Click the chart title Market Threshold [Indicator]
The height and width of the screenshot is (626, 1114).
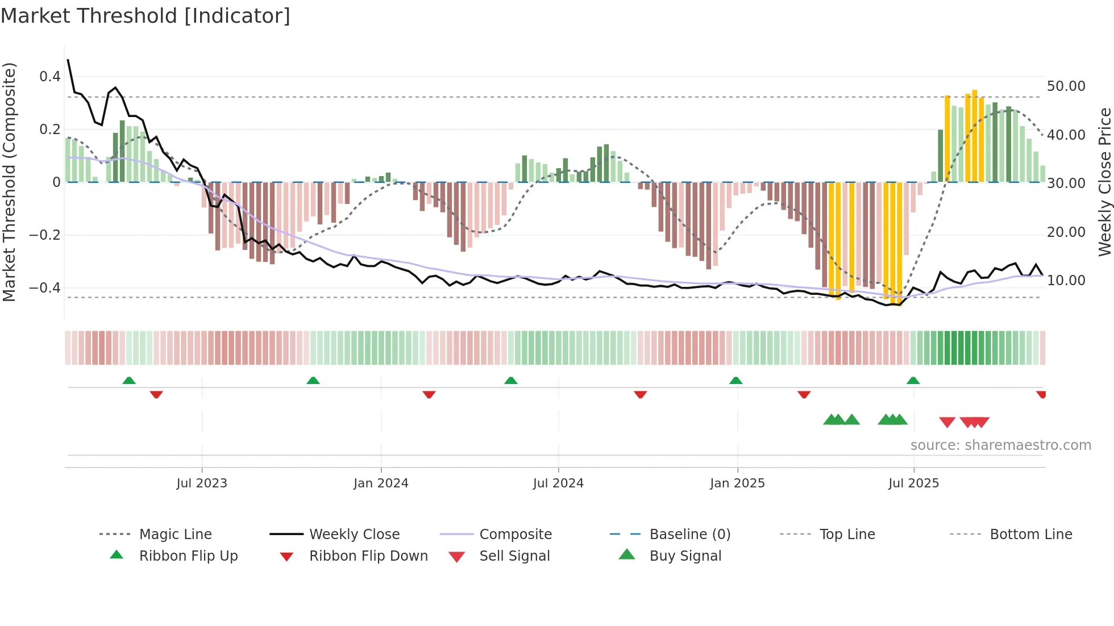coord(146,16)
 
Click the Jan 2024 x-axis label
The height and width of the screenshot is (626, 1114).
coord(381,483)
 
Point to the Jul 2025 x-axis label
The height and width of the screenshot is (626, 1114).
coord(913,483)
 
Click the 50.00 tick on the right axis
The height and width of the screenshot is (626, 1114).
coord(1066,86)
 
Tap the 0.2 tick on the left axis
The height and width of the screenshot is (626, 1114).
coord(49,130)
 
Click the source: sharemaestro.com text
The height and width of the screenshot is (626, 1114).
coord(1000,445)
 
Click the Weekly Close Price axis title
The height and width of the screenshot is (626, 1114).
coord(1104,182)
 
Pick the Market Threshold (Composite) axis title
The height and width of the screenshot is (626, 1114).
coord(9,182)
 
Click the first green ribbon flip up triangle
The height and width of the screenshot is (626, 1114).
coord(129,381)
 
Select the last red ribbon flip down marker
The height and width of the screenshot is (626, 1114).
coord(1041,394)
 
